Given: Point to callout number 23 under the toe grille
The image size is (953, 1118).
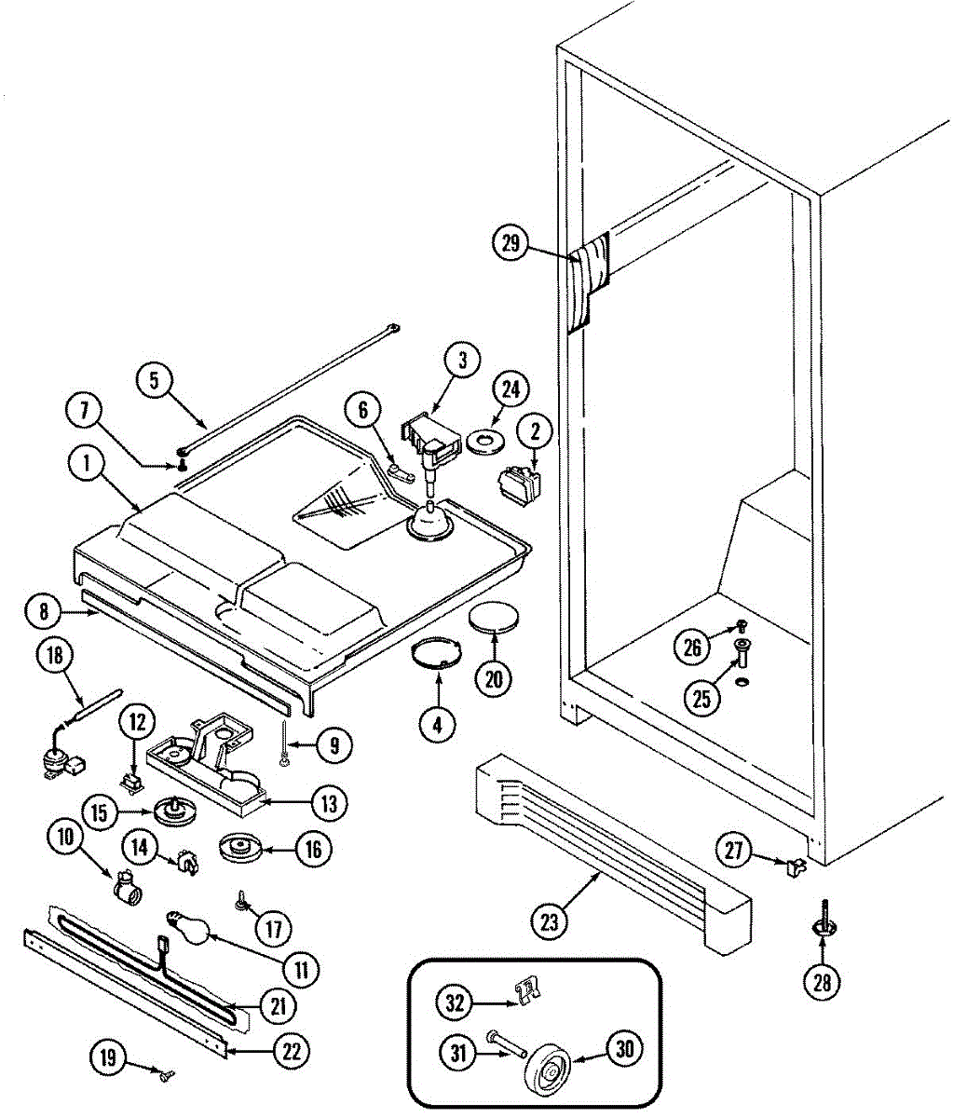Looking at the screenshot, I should (550, 921).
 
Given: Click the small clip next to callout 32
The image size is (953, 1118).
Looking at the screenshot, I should (528, 993).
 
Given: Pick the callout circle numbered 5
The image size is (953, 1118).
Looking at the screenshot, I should (156, 380).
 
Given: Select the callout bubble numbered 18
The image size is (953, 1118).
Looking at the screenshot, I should (55, 656).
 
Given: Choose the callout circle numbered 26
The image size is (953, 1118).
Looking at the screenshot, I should (692, 648).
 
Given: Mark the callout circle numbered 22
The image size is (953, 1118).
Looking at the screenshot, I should (292, 1051).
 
